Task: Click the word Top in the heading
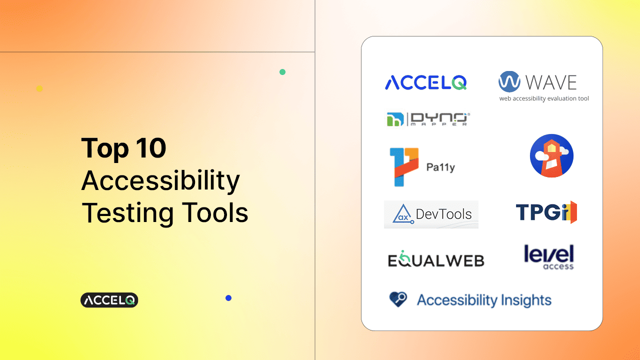tap(105, 149)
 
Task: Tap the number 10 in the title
tap(151, 147)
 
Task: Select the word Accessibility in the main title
tap(160, 181)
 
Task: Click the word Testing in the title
tap(127, 213)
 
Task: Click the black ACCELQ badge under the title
tap(109, 300)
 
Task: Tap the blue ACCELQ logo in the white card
tap(425, 82)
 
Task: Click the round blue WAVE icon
tap(509, 81)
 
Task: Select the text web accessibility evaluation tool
tap(544, 98)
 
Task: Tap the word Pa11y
tap(440, 167)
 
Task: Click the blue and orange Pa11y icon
tap(404, 167)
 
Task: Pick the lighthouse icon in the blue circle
tap(551, 155)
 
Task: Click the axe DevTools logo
tap(431, 214)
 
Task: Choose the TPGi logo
tap(546, 212)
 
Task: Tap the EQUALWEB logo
tap(436, 259)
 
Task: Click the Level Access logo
tap(549, 257)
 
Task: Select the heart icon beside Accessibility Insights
tap(398, 299)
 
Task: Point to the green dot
tap(282, 72)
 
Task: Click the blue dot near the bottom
tap(228, 298)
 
